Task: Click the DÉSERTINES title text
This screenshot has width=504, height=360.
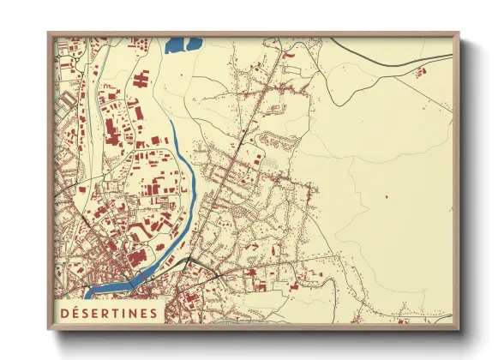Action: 107,313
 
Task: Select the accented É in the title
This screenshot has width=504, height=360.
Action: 74,313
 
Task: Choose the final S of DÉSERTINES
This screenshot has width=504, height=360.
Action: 153,313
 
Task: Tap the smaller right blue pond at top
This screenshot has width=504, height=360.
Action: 195,41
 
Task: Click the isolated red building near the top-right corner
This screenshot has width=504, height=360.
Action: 421,74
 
